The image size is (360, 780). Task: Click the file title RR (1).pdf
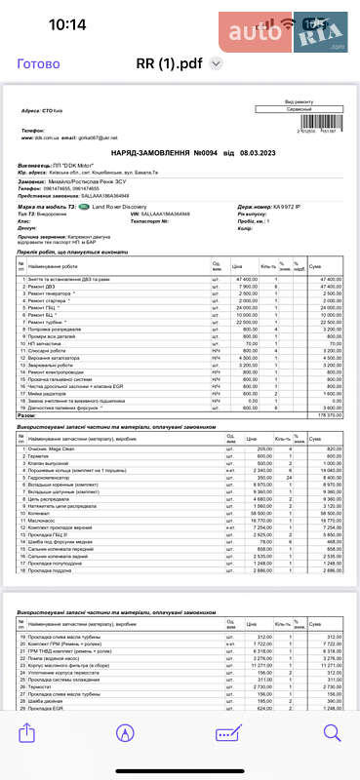[x=169, y=64]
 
